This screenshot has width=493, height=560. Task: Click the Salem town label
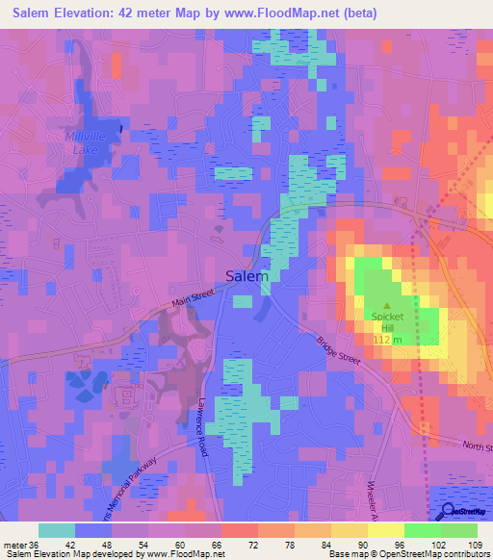[246, 275]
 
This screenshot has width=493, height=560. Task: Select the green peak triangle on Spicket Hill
[388, 306]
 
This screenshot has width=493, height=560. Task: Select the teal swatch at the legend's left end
[57, 529]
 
